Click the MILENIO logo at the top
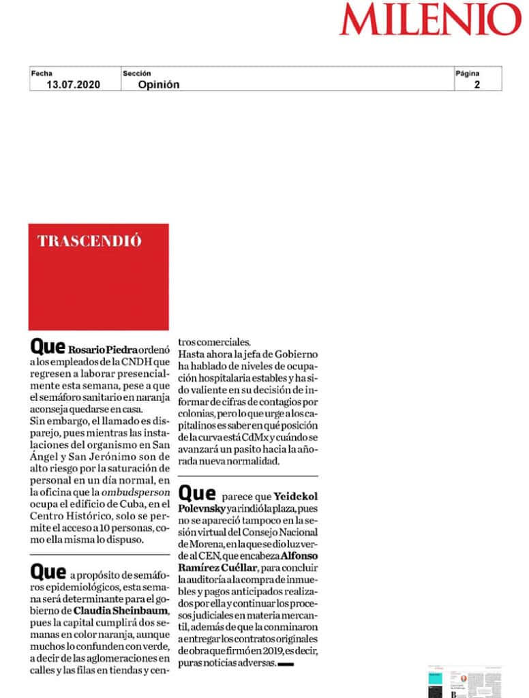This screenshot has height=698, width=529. point(430,20)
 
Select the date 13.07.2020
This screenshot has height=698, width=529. point(73,85)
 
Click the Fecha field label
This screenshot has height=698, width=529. point(42,74)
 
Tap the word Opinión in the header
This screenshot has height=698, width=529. point(159,85)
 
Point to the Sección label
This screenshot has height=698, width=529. point(137,74)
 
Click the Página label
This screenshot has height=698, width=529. point(468,74)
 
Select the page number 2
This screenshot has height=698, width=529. point(477,85)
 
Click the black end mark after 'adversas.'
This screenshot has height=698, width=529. point(286,663)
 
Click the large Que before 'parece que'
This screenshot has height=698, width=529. point(196,493)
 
